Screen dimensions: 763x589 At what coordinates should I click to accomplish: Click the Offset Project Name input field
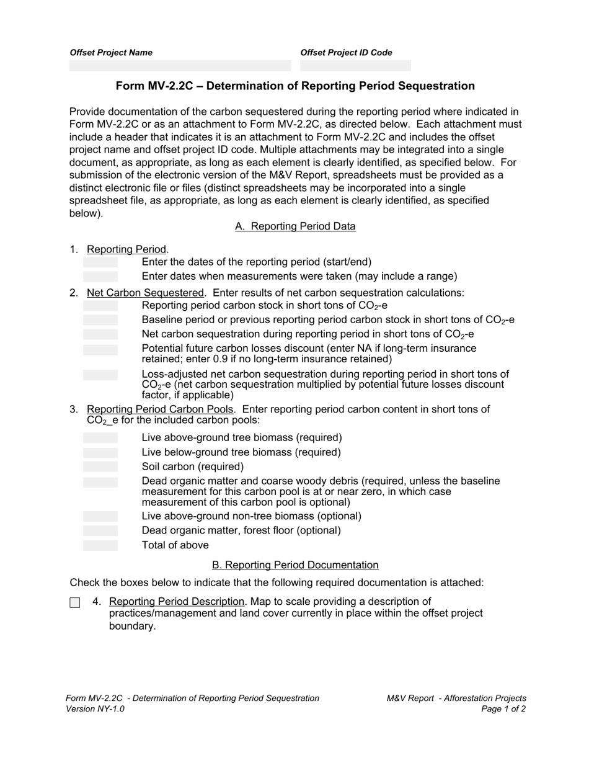180,66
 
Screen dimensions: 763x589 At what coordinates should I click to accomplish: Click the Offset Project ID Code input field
355,66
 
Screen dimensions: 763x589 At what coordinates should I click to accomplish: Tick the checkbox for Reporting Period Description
75,603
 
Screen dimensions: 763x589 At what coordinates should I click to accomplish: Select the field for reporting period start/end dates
100,262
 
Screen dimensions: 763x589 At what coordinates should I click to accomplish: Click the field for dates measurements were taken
100,277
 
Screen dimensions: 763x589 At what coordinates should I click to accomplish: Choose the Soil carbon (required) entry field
100,466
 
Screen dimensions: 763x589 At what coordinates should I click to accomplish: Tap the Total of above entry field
100,545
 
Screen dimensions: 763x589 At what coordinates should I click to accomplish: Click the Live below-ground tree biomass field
100,452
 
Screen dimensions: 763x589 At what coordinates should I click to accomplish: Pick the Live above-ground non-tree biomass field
100,516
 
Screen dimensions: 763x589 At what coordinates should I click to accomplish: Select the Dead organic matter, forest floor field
100,530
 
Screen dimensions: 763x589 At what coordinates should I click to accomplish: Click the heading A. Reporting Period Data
295,226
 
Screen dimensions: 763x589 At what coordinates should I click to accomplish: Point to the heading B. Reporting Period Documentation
295,565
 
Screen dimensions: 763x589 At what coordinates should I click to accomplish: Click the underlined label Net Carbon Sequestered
145,293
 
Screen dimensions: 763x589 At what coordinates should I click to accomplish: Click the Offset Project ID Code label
346,53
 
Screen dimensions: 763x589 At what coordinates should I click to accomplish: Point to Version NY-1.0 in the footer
95,709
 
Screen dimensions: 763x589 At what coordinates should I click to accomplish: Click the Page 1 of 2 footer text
503,709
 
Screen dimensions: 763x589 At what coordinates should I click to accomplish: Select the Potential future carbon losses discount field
100,350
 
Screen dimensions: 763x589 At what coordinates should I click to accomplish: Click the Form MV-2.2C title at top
295,86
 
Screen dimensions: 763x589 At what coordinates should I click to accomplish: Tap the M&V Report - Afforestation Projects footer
456,698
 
